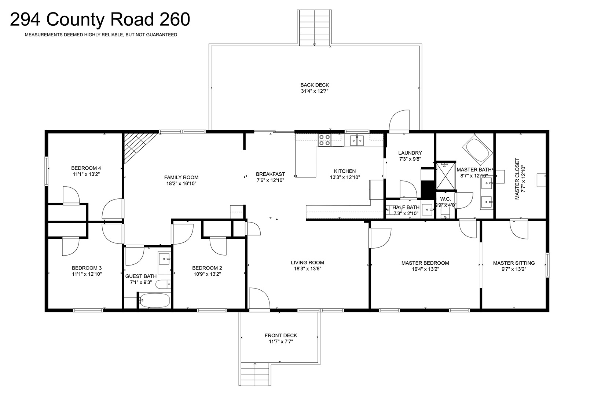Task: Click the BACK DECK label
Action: click(x=315, y=85)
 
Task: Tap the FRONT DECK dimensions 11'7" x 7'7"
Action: click(x=281, y=342)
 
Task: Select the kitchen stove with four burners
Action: click(x=324, y=140)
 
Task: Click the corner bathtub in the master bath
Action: click(x=478, y=148)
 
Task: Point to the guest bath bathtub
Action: click(x=155, y=300)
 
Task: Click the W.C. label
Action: click(x=445, y=199)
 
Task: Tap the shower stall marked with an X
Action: click(x=445, y=176)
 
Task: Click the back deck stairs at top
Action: click(x=315, y=27)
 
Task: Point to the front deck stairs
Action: click(x=254, y=374)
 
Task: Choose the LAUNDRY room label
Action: click(x=410, y=153)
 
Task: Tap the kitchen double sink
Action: click(x=357, y=140)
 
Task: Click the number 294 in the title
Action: click(x=25, y=19)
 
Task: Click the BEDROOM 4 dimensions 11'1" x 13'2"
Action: click(x=86, y=174)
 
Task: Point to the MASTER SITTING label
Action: click(x=514, y=263)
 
